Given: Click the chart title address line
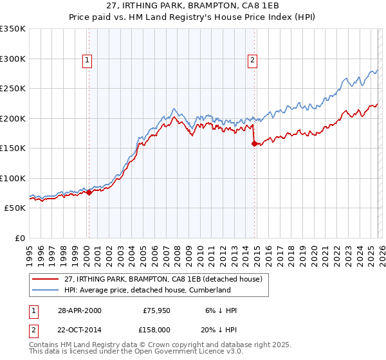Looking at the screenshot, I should click(193, 6).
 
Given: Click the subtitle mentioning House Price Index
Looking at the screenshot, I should click(193, 17).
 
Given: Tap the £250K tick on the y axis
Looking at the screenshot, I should click(13, 89).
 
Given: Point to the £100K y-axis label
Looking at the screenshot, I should click(13, 178).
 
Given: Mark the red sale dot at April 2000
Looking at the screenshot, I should click(89, 192).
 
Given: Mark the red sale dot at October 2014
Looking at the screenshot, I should click(254, 143).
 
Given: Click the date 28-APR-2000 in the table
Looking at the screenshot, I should click(78, 310).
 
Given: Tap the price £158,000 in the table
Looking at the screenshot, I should click(156, 328).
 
